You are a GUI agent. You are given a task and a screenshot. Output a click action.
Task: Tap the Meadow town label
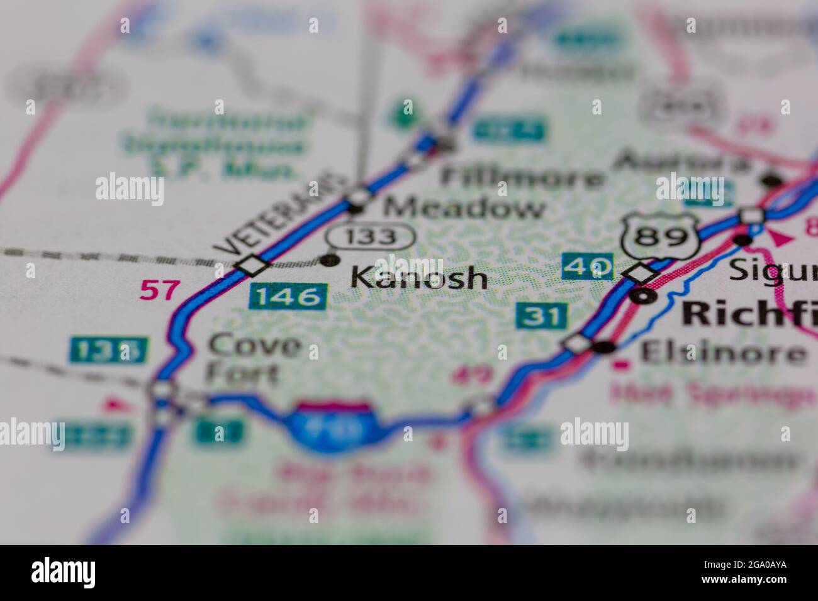(x=464, y=207)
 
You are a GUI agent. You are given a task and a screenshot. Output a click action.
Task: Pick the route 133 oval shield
(x=371, y=237)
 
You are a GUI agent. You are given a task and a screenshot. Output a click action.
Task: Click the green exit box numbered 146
(x=288, y=295)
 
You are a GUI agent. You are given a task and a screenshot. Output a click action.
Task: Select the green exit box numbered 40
(x=588, y=267)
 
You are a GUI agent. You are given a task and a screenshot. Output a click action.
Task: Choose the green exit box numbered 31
(x=542, y=315)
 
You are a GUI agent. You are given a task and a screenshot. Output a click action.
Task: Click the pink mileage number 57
(x=159, y=290)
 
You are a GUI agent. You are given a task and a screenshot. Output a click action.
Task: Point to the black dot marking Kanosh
(x=329, y=260)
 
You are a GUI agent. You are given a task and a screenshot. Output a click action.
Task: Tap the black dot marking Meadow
(x=356, y=208)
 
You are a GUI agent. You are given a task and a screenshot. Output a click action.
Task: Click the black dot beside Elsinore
(x=606, y=346)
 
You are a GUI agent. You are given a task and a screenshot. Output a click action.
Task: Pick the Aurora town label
(x=682, y=162)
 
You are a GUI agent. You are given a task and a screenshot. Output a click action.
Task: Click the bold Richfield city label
(x=749, y=312)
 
